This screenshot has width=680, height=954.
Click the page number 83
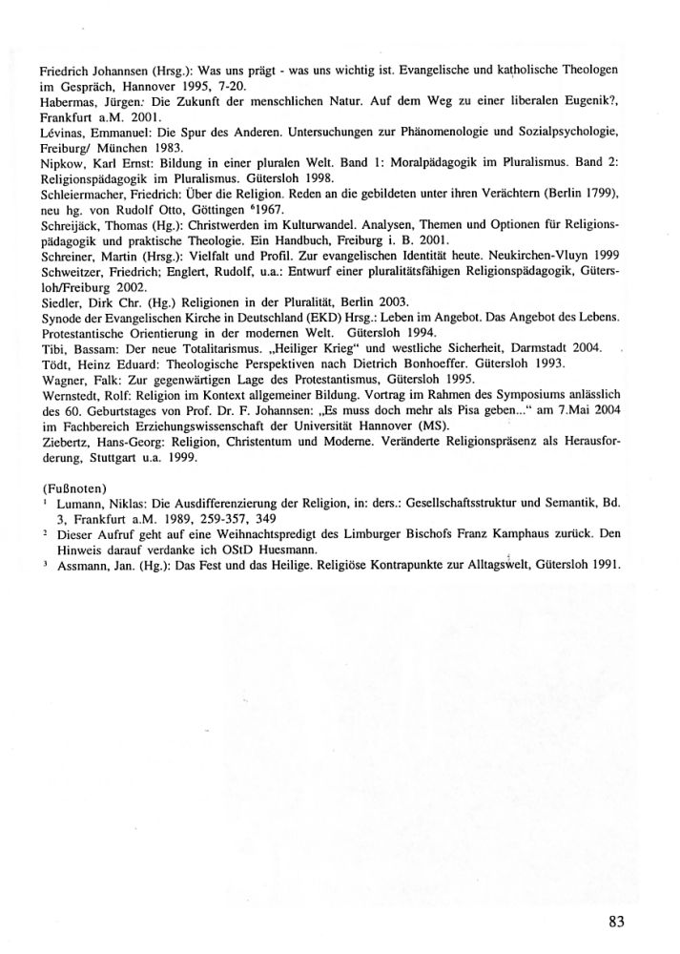[615, 921]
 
